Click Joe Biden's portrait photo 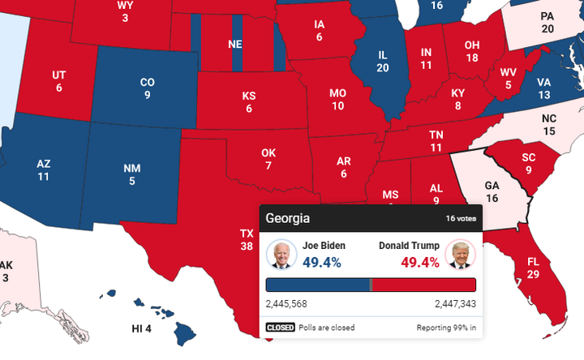click(281, 255)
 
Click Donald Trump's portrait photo click(460, 255)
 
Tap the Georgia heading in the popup click(288, 219)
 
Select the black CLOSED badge click(281, 328)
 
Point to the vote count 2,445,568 click(286, 304)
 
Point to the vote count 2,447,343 click(455, 304)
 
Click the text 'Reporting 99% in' click(446, 328)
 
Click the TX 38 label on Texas click(247, 239)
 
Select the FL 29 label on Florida click(532, 268)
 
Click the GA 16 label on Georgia click(492, 191)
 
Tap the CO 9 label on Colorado click(147, 88)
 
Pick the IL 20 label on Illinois click(383, 61)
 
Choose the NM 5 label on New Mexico click(131, 174)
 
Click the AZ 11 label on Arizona click(44, 169)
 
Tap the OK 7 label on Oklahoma click(268, 159)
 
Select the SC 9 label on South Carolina click(529, 163)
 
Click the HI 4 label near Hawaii click(142, 328)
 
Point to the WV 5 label click(509, 79)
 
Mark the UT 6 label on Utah click(59, 81)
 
